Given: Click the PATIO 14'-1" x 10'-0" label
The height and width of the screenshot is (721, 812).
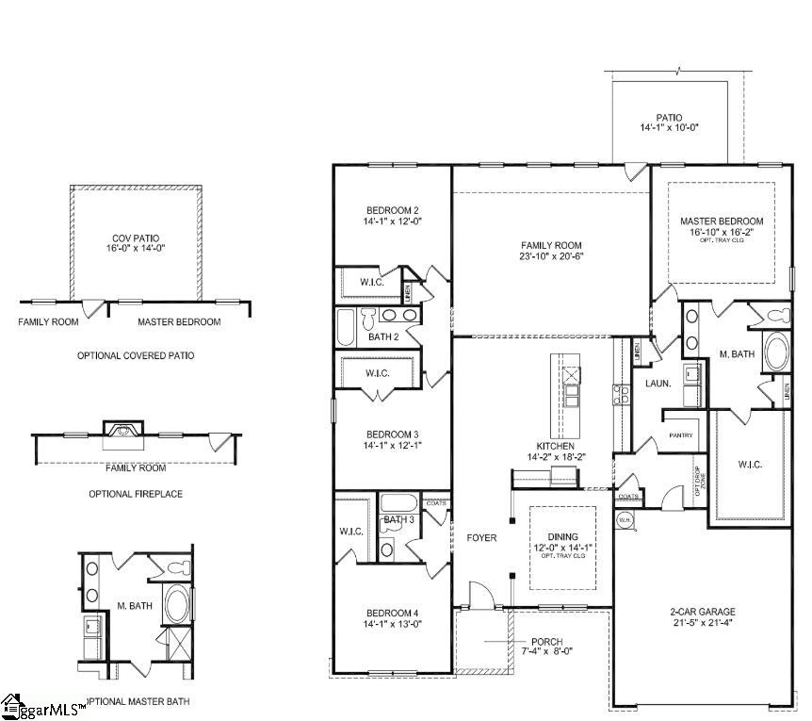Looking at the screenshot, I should point(670,123).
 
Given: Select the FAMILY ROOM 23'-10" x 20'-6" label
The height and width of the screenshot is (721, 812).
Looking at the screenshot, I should point(551,250).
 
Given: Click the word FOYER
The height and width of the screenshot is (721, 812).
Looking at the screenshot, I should point(481,538).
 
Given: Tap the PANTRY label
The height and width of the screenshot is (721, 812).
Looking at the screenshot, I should point(680,435).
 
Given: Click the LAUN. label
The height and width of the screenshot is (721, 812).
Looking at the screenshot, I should point(658,384).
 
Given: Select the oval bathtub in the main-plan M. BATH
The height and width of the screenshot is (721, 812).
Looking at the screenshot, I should point(778,352).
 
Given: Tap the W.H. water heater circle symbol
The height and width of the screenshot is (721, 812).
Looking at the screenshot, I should point(624,519).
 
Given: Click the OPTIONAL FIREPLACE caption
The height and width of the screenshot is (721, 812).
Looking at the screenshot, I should point(136,494).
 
